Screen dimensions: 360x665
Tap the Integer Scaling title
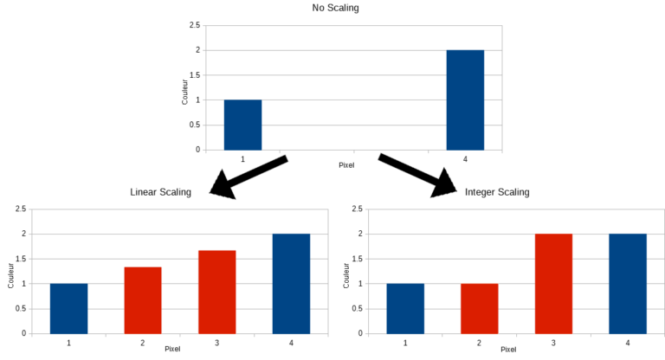click(496, 191)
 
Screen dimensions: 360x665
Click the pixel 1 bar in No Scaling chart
click(242, 125)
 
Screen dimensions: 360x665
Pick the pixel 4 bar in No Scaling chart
click(465, 100)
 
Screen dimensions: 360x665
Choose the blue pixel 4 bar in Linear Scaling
click(291, 283)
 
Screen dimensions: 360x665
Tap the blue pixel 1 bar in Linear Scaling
click(68, 308)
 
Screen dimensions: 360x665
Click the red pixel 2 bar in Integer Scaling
click(480, 308)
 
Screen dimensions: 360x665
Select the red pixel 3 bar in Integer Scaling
click(553, 283)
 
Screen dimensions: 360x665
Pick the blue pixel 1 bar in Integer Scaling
click(405, 308)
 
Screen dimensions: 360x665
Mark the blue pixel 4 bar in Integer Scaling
click(628, 283)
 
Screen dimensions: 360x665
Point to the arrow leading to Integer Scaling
click(419, 174)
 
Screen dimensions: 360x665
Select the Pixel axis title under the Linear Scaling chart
click(172, 349)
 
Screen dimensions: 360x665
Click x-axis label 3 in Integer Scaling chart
click(553, 343)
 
